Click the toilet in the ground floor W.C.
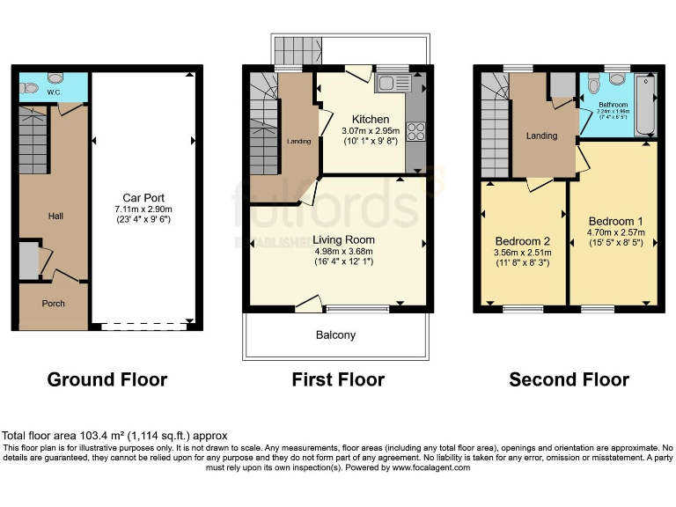[31, 88]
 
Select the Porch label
[53, 304]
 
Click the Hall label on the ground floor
[55, 216]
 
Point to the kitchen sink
[387, 84]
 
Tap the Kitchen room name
[370, 120]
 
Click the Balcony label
[335, 335]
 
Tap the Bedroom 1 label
[615, 221]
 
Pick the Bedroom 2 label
[522, 241]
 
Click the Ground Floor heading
[107, 380]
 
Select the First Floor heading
[338, 380]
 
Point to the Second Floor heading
[569, 380]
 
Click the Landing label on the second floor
[541, 136]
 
